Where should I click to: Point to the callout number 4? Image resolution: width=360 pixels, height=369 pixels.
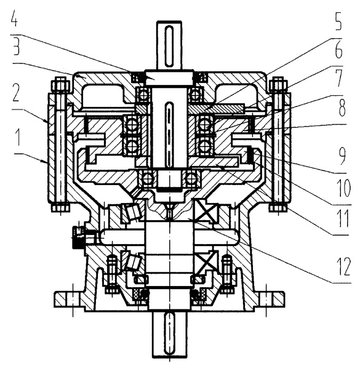14,18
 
